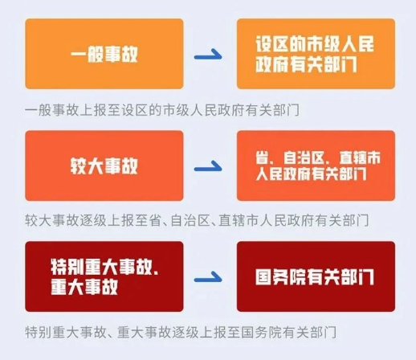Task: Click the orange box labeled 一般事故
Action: click(104, 54)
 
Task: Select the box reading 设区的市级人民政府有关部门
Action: click(316, 54)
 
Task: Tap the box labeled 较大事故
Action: click(104, 166)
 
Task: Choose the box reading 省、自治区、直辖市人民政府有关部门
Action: click(316, 166)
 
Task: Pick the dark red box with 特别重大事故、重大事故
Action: click(104, 276)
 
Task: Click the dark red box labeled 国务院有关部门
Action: click(316, 276)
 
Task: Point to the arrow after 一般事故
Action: click(208, 55)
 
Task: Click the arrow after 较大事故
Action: click(208, 167)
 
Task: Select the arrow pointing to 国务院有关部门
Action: click(208, 278)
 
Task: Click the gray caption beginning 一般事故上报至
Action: click(162, 110)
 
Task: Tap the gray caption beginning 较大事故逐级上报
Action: click(197, 220)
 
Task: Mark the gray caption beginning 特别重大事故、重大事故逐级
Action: click(181, 333)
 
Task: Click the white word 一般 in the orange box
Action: click(87, 54)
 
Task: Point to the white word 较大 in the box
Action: click(87, 166)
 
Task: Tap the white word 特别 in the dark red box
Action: click(67, 267)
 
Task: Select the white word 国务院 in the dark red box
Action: click(280, 277)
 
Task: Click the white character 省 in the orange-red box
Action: click(262, 157)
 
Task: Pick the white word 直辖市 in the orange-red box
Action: click(360, 157)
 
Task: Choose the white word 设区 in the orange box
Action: click(271, 44)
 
